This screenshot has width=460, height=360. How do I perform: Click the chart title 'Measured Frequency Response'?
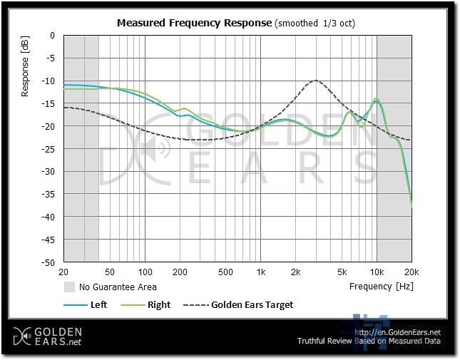(194, 23)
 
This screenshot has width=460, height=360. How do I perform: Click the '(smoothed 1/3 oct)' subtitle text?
(315, 23)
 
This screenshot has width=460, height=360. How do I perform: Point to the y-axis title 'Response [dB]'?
(26, 68)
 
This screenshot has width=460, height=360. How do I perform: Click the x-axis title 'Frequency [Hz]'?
(380, 287)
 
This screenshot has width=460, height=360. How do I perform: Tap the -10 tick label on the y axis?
(49, 81)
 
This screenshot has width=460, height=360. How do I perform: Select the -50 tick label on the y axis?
(49, 262)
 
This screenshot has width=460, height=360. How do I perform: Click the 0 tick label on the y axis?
(52, 35)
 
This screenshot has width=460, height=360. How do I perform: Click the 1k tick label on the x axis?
(261, 272)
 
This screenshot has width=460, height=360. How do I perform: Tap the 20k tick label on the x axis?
(412, 272)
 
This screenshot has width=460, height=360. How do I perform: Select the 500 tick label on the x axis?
(225, 272)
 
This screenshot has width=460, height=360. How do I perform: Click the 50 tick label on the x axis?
(110, 272)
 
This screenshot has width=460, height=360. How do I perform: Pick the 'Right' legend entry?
(159, 304)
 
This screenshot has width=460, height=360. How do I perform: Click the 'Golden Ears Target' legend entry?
(252, 304)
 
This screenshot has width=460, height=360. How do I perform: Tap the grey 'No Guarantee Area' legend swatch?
(69, 287)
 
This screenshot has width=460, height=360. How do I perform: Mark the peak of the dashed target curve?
(315, 81)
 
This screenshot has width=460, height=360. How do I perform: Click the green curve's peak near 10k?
(376, 98)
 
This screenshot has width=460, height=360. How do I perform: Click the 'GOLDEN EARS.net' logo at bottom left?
(48, 336)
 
